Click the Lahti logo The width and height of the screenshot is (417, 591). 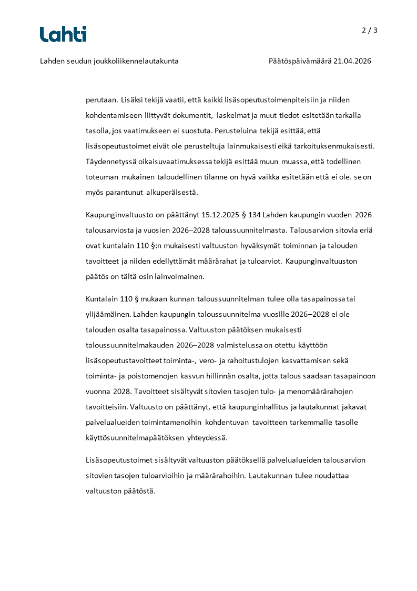(x=63, y=34)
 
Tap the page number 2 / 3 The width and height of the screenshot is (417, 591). (x=369, y=30)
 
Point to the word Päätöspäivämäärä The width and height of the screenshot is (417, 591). (x=300, y=61)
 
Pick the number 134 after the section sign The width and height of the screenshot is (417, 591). (x=254, y=215)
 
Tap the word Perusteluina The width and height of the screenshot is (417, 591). (x=228, y=131)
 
